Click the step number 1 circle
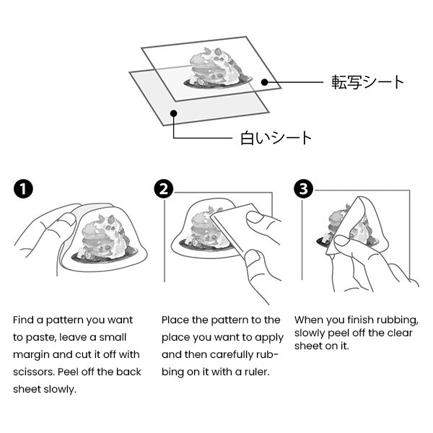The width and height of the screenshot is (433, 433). pyautogui.click(x=23, y=189)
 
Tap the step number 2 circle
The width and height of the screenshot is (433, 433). pyautogui.click(x=163, y=189)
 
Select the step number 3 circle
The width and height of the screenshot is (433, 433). pyautogui.click(x=304, y=189)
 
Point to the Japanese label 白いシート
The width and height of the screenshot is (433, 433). pyautogui.click(x=276, y=137)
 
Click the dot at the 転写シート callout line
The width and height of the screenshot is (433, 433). pyautogui.click(x=265, y=82)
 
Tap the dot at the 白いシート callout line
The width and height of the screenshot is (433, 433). pyautogui.click(x=173, y=113)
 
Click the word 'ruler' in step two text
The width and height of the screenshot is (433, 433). pyautogui.click(x=255, y=372)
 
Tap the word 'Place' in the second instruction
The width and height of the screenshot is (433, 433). pyautogui.click(x=175, y=320)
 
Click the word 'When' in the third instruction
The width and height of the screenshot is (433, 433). pyautogui.click(x=310, y=320)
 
